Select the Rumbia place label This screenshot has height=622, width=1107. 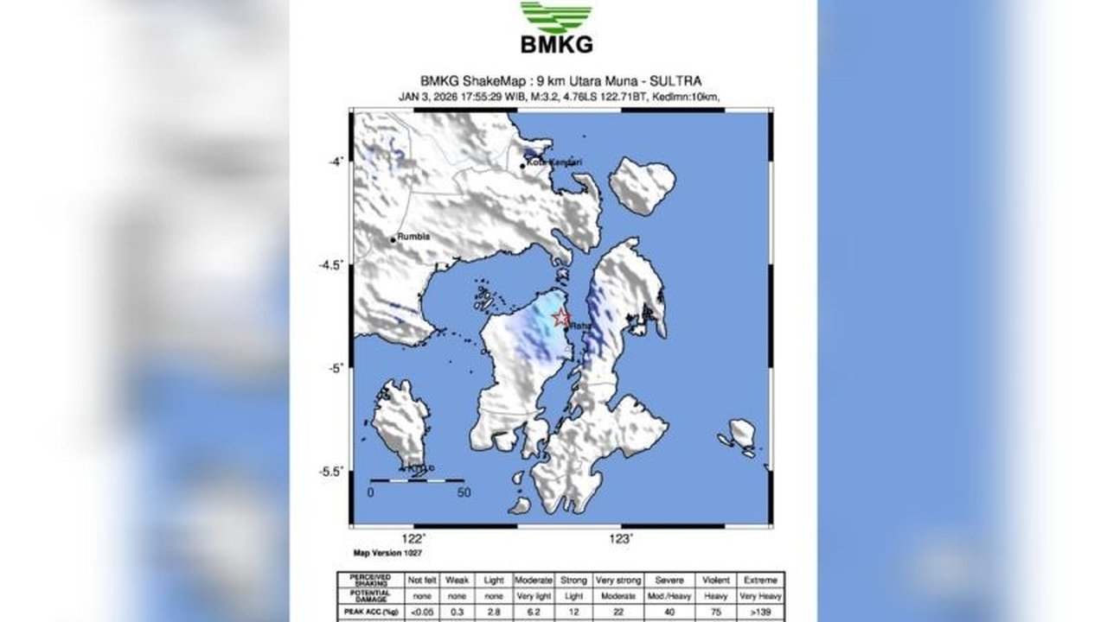(x=413, y=236)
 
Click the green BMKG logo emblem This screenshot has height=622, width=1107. (x=556, y=17)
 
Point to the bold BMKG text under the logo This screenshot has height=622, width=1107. (x=556, y=44)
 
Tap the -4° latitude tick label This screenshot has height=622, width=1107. (x=336, y=161)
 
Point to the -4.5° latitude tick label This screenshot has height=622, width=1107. (x=332, y=264)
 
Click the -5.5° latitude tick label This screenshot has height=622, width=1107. (x=332, y=472)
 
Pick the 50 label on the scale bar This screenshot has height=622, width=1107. (x=464, y=493)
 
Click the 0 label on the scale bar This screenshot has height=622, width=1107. (x=370, y=493)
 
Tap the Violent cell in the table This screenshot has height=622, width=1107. (x=716, y=581)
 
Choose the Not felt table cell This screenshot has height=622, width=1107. (x=421, y=581)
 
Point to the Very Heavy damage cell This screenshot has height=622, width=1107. (x=759, y=596)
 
